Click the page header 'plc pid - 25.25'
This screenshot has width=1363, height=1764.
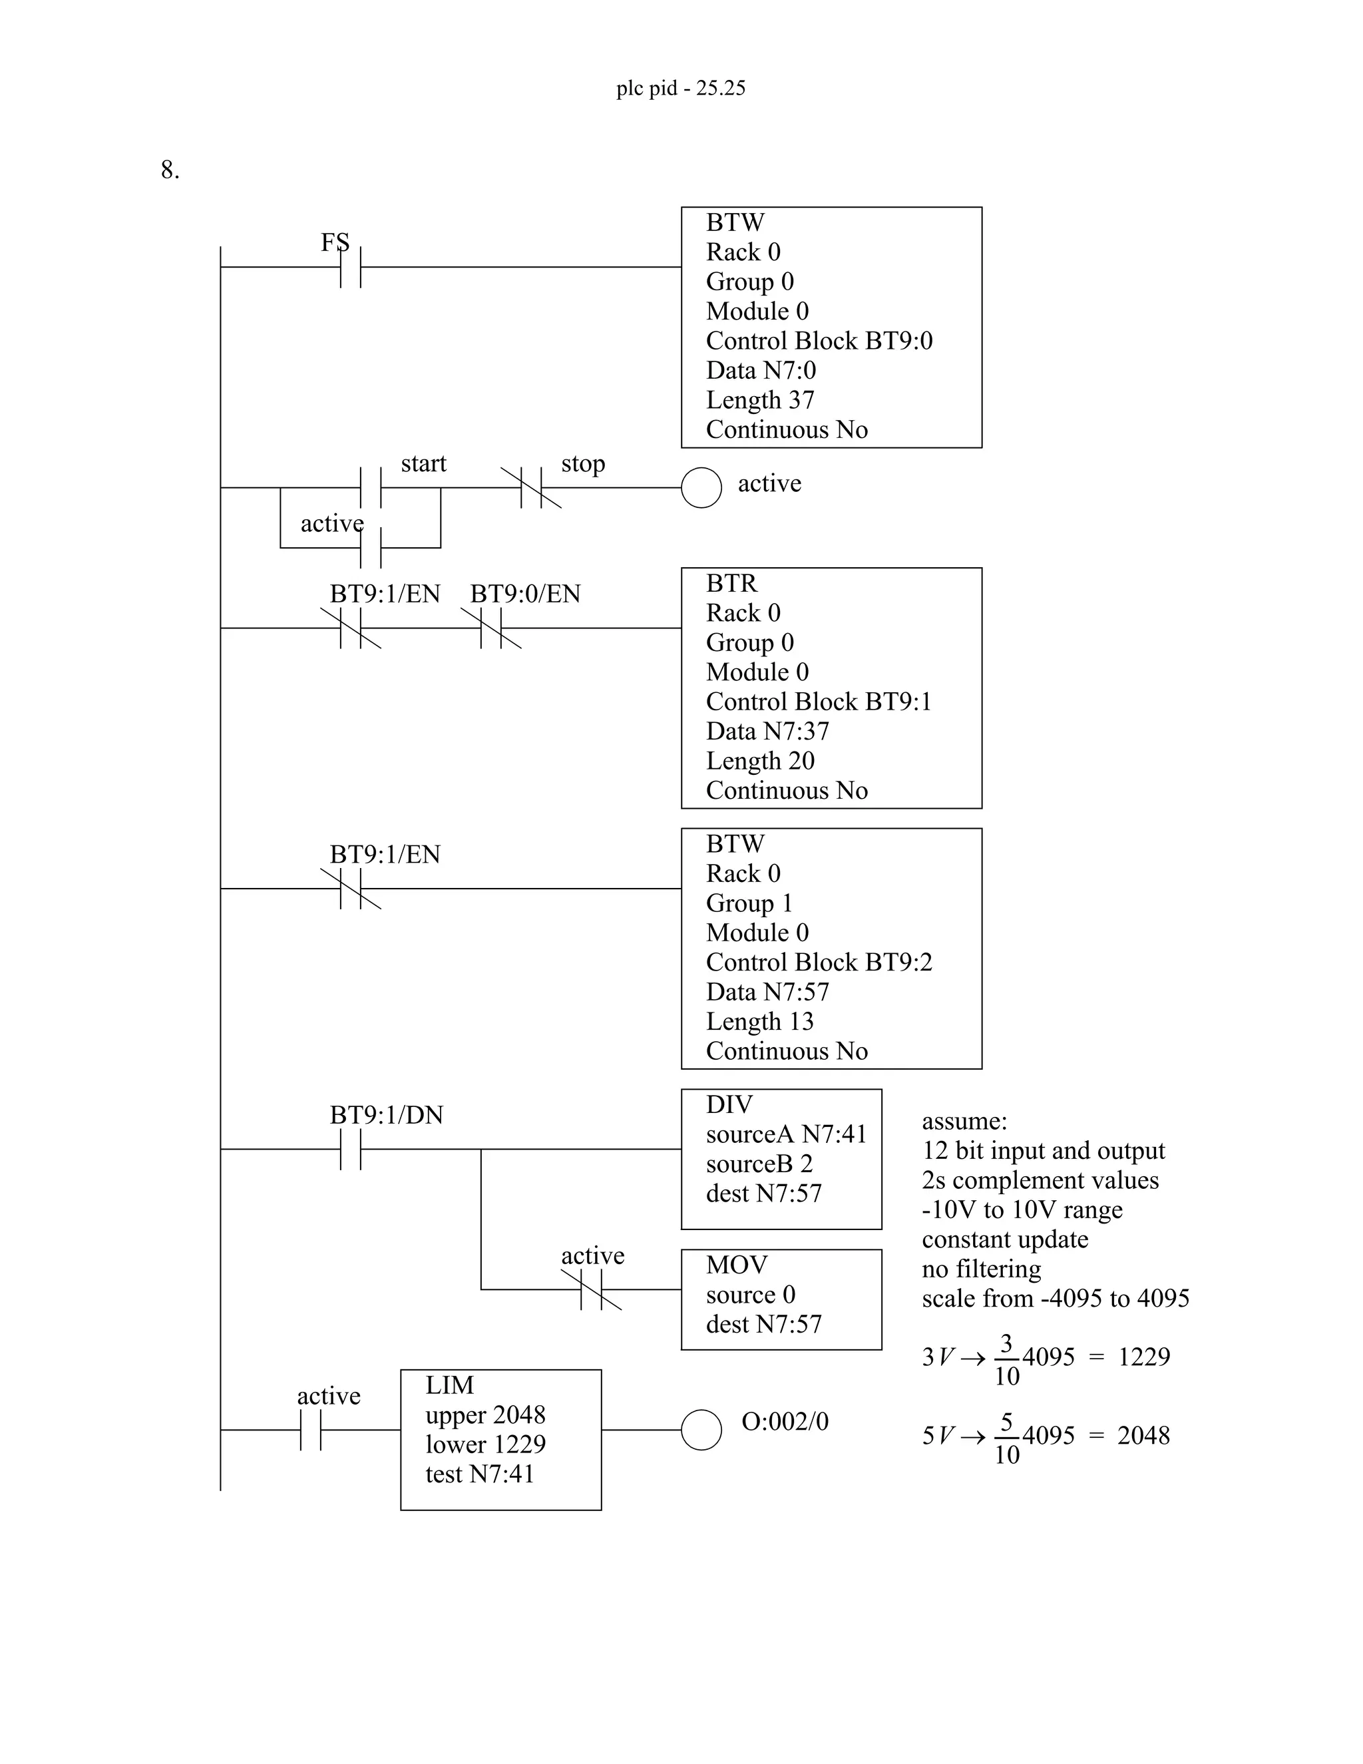click(x=681, y=88)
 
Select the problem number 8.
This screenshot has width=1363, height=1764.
click(x=170, y=170)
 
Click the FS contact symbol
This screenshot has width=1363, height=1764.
click(x=351, y=266)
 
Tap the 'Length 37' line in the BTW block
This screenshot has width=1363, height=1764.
click(x=760, y=400)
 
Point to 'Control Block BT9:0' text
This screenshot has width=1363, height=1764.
click(x=819, y=341)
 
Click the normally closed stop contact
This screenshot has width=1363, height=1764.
click(x=531, y=487)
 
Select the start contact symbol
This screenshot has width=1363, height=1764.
click(x=371, y=487)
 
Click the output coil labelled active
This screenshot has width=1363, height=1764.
click(x=701, y=488)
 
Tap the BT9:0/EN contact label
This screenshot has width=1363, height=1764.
click(x=525, y=594)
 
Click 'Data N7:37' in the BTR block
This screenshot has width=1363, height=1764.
click(x=767, y=731)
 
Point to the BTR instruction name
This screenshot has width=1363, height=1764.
click(x=731, y=583)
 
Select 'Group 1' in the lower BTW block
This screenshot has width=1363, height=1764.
click(x=749, y=903)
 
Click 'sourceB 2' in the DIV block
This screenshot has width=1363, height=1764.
click(x=759, y=1164)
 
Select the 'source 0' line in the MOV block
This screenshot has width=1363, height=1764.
click(x=750, y=1295)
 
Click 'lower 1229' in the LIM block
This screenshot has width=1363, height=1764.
click(x=485, y=1444)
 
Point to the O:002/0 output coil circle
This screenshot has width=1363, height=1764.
click(x=701, y=1430)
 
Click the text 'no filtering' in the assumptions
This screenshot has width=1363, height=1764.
click(x=981, y=1269)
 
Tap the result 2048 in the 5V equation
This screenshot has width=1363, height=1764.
click(x=1143, y=1435)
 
